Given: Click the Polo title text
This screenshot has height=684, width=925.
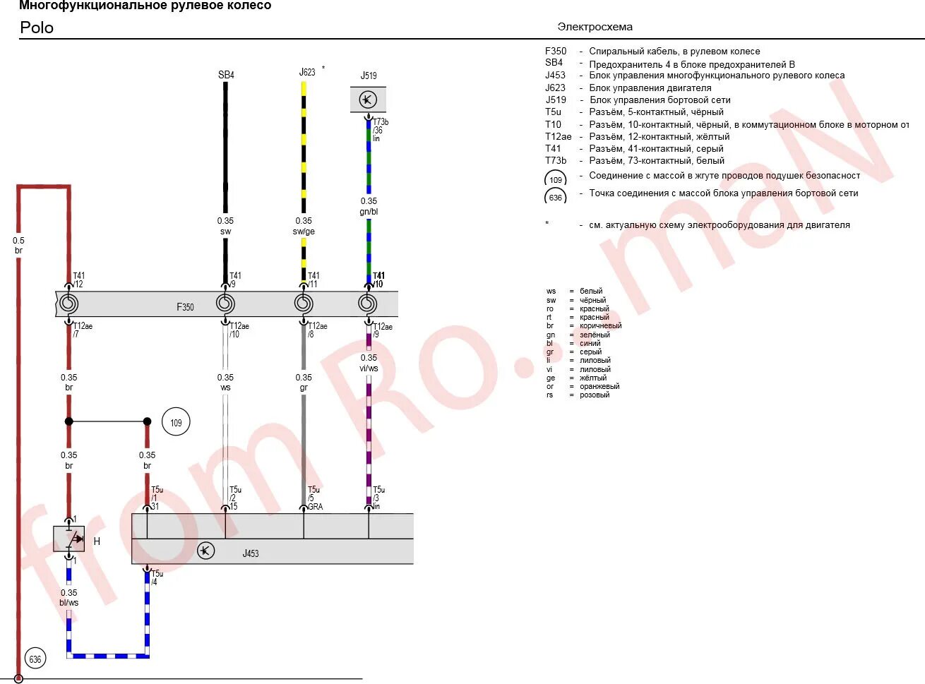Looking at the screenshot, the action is pyautogui.click(x=37, y=28).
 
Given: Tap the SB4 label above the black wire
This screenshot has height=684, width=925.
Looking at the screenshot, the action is pyautogui.click(x=226, y=75).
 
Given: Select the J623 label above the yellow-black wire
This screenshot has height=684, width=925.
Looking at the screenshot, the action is pyautogui.click(x=306, y=72).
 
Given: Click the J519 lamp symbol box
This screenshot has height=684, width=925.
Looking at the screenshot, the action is pyautogui.click(x=368, y=100).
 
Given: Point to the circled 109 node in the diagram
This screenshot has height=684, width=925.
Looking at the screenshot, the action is pyautogui.click(x=176, y=423).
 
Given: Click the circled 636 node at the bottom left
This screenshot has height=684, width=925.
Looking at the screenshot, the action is pyautogui.click(x=35, y=659).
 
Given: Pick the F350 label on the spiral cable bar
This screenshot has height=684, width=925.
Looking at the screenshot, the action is pyautogui.click(x=185, y=307).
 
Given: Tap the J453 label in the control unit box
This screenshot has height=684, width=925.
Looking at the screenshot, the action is pyautogui.click(x=251, y=553).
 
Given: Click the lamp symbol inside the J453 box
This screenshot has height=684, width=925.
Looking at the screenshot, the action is pyautogui.click(x=205, y=551).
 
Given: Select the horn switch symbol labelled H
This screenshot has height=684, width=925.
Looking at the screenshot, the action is pyautogui.click(x=69, y=539).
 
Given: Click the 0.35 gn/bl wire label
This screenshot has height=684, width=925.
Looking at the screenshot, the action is pyautogui.click(x=369, y=206).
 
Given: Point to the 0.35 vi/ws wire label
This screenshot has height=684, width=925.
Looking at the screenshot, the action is pyautogui.click(x=369, y=363).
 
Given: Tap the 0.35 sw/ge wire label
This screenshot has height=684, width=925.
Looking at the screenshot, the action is pyautogui.click(x=304, y=226).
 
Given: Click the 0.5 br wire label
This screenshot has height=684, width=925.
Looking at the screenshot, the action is pyautogui.click(x=18, y=245).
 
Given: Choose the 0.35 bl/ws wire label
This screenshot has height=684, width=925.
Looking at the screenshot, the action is pyautogui.click(x=68, y=598).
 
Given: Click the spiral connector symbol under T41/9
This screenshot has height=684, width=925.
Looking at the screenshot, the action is pyautogui.click(x=225, y=304).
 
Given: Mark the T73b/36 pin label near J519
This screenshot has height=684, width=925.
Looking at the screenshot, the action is pyautogui.click(x=380, y=130).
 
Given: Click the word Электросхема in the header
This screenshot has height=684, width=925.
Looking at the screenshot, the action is pyautogui.click(x=595, y=27).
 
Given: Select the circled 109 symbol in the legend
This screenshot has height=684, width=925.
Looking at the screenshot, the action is pyautogui.click(x=556, y=180).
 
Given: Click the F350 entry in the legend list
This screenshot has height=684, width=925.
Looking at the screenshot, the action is pyautogui.click(x=556, y=51).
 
